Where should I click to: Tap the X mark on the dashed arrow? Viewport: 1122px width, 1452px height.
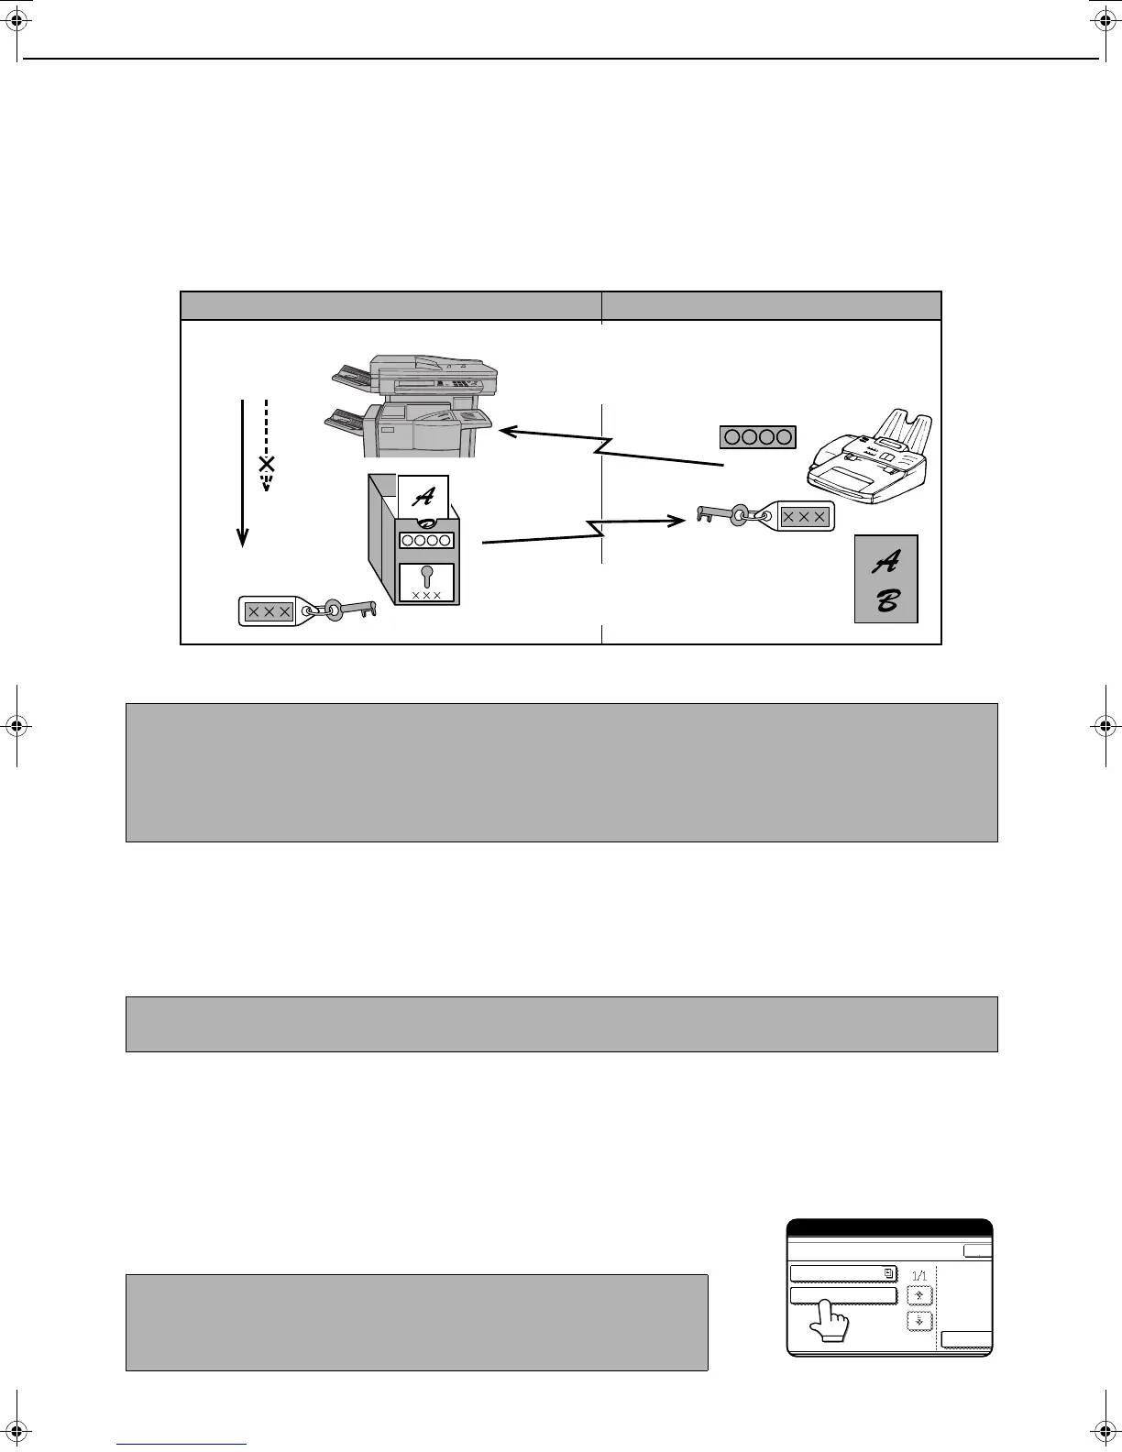267,464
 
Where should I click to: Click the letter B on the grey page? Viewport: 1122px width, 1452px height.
887,600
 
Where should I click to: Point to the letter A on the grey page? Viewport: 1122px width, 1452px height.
887,561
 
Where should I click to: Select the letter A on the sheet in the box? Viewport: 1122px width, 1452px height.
423,498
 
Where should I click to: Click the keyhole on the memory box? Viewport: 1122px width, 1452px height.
426,578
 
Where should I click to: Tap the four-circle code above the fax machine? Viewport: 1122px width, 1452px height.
757,437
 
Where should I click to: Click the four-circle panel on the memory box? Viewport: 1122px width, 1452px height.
426,540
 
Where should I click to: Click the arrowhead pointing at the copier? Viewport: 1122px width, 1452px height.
506,428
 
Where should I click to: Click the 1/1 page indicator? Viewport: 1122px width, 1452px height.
919,1275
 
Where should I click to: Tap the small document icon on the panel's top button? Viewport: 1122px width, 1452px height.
888,1272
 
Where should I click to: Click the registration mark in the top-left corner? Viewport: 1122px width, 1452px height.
17,17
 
